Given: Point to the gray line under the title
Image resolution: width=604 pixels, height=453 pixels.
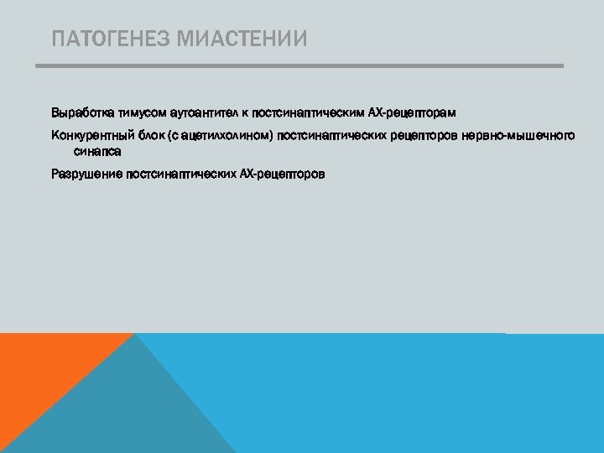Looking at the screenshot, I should pos(299,66).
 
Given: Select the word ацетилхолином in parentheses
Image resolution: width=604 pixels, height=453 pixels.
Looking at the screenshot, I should pos(226,136).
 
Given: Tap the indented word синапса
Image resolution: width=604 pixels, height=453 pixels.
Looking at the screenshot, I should pos(97,152).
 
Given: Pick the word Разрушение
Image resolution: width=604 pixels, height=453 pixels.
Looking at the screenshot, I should pos(86,174).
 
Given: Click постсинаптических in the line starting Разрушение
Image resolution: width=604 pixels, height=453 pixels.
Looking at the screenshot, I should pos(180,174).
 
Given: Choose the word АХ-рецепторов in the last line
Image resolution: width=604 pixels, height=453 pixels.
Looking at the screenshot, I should pos(282,174).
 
